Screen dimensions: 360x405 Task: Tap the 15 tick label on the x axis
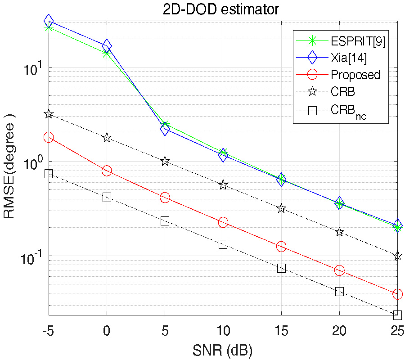(281, 332)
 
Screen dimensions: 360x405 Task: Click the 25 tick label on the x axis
(397, 332)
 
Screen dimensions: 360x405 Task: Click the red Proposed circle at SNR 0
(107, 171)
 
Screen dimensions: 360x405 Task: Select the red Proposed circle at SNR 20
(339, 270)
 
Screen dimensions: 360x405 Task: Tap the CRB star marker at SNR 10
(223, 185)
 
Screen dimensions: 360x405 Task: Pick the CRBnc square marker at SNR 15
(281, 268)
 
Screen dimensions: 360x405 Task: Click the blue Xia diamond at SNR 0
(107, 45)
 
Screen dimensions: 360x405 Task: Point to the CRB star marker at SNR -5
(49, 114)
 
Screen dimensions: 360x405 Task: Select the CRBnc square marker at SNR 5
(165, 220)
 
